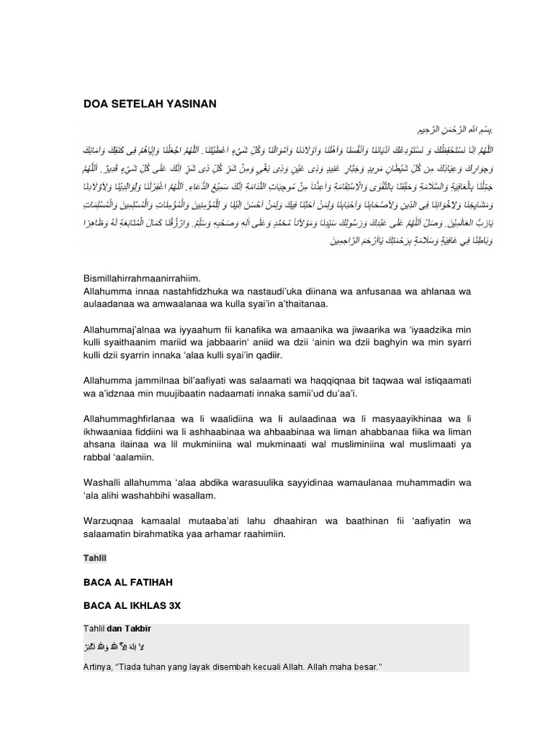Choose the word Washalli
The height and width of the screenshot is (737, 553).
pyautogui.click(x=104, y=482)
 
